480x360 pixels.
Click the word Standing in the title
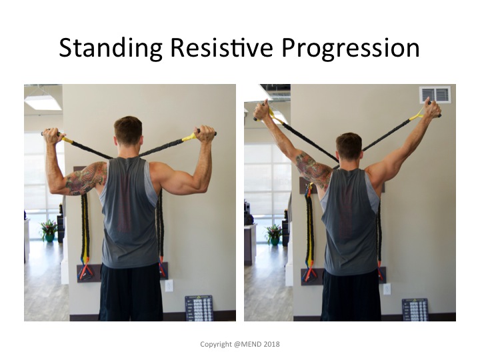click(x=111, y=49)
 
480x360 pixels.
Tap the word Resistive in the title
click(x=221, y=47)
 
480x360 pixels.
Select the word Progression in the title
click(x=350, y=49)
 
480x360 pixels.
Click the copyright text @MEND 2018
click(x=257, y=344)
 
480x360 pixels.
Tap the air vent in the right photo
click(x=435, y=94)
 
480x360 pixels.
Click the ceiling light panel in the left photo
click(x=43, y=103)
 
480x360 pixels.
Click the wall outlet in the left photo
click(x=169, y=285)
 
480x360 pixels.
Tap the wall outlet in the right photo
click(x=387, y=289)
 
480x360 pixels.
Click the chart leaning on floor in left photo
click(x=199, y=308)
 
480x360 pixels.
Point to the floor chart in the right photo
click(x=415, y=310)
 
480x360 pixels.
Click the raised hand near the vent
click(x=432, y=109)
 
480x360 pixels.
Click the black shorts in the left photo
click(x=131, y=293)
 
